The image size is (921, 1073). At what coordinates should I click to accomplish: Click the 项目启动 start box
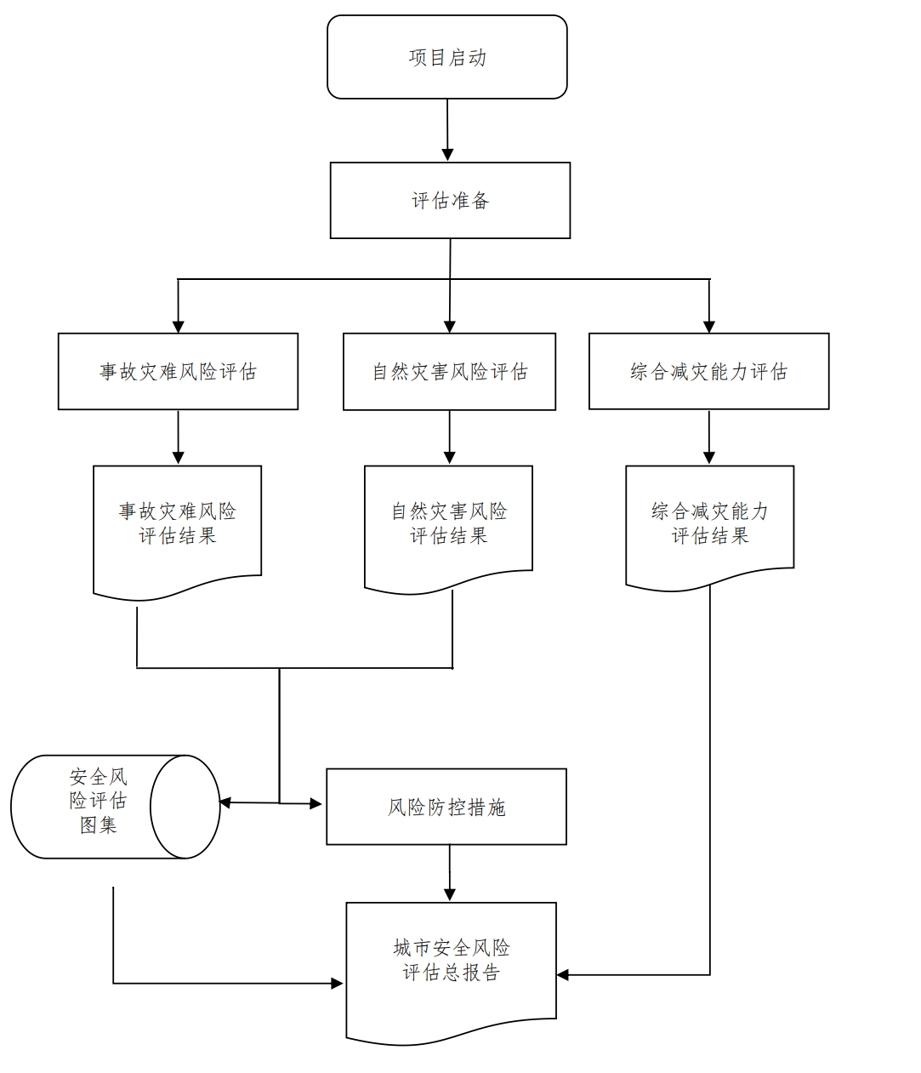pyautogui.click(x=446, y=57)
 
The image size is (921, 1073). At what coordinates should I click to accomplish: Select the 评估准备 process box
pyautogui.click(x=450, y=201)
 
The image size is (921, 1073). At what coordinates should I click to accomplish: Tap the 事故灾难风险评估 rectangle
pyautogui.click(x=178, y=372)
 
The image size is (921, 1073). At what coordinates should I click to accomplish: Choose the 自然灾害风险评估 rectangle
pyautogui.click(x=449, y=372)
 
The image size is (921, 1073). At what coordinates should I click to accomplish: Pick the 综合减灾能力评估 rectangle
pyautogui.click(x=708, y=372)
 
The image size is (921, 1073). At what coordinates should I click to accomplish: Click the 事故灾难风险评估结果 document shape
pyautogui.click(x=177, y=524)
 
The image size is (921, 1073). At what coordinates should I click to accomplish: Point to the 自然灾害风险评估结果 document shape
pyautogui.click(x=448, y=524)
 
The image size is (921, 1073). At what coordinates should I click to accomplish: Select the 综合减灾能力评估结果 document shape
pyautogui.click(x=709, y=524)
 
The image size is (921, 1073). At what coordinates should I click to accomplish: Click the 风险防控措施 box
pyautogui.click(x=446, y=807)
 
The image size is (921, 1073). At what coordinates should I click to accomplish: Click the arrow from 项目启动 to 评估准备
pyautogui.click(x=448, y=129)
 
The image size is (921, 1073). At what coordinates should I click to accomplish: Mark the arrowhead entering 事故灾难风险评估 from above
pyautogui.click(x=178, y=325)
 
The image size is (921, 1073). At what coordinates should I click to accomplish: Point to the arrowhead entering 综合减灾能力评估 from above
pyautogui.click(x=709, y=325)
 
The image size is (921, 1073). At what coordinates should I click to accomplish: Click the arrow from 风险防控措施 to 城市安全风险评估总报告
pyautogui.click(x=450, y=873)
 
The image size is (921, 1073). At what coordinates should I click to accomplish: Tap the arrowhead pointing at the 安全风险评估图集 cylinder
pyautogui.click(x=226, y=802)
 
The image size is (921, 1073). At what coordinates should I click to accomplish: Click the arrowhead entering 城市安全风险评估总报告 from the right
pyautogui.click(x=564, y=975)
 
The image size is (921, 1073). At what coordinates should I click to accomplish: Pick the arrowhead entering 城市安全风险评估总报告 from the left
pyautogui.click(x=337, y=984)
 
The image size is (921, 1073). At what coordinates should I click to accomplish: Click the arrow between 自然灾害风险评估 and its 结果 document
pyautogui.click(x=450, y=437)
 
